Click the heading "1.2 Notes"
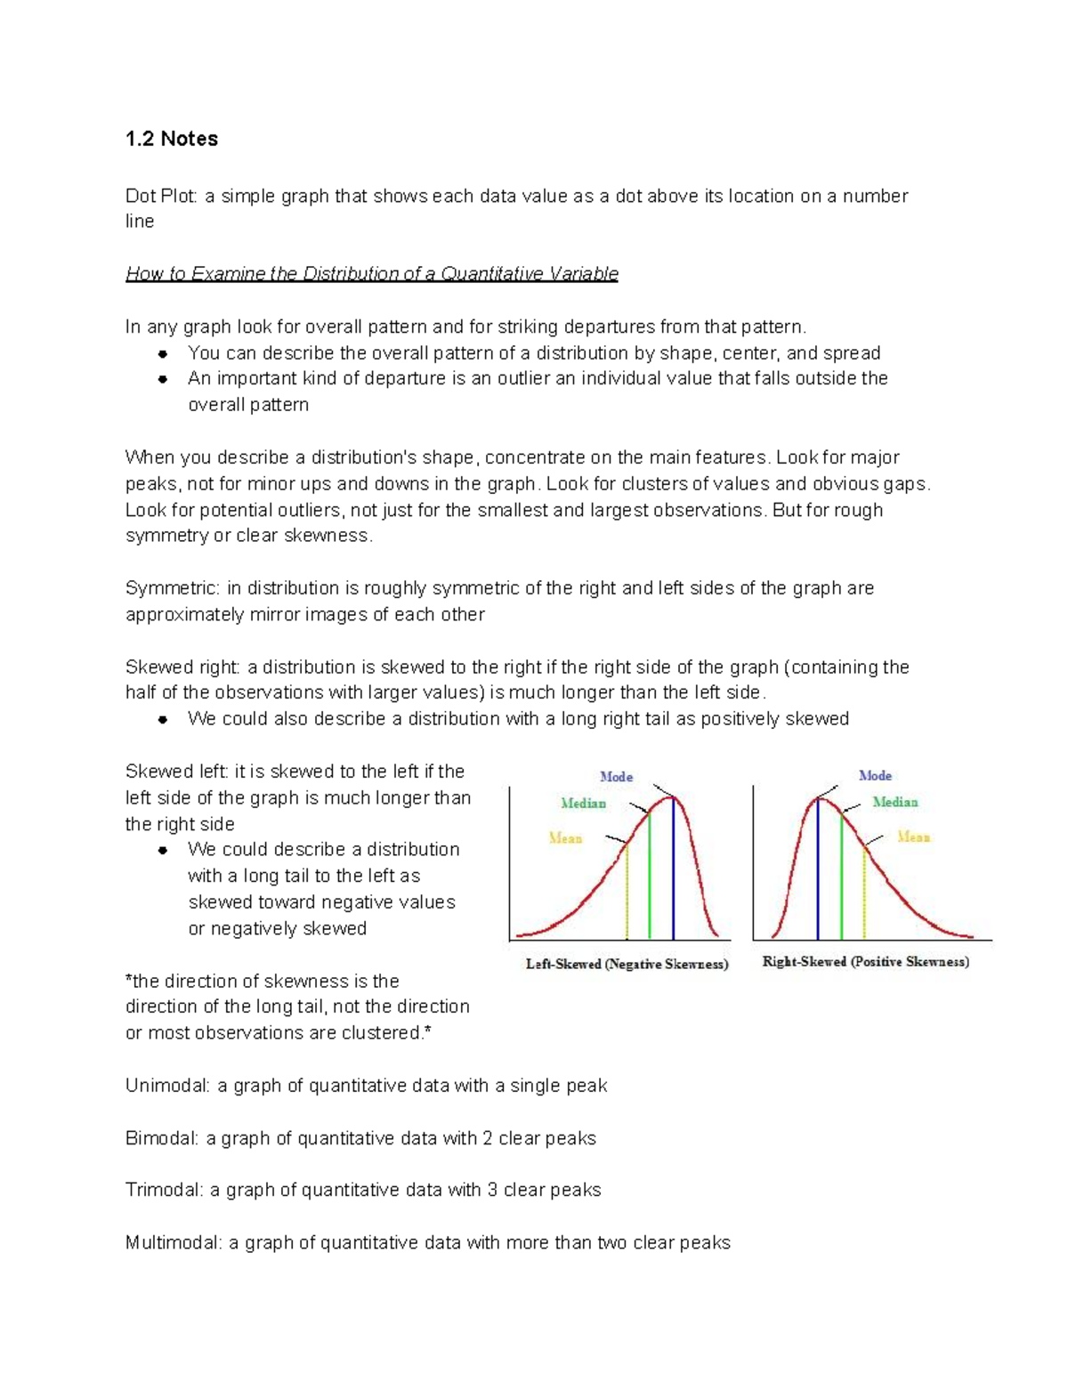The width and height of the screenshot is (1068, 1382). (x=172, y=139)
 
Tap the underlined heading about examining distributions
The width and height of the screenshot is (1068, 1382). (x=372, y=274)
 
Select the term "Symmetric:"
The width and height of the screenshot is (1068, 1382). (x=172, y=588)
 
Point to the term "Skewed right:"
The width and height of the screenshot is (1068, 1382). (x=182, y=667)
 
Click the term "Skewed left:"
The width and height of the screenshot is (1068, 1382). (x=177, y=772)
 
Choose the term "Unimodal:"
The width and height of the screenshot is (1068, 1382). (x=167, y=1086)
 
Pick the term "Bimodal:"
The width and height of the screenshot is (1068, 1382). (x=162, y=1138)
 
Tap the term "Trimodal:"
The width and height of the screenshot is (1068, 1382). (x=164, y=1190)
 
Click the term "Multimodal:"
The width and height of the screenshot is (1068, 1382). (x=174, y=1242)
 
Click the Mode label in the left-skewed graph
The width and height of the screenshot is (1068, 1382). (x=616, y=777)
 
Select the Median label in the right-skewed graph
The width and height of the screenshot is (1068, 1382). (x=894, y=803)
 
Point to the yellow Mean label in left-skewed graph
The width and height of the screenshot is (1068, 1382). (x=565, y=838)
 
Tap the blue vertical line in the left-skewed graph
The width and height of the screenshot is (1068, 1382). (x=674, y=872)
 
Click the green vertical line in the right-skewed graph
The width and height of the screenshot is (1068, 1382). (x=841, y=881)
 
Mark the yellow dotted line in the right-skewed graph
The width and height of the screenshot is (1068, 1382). (x=864, y=894)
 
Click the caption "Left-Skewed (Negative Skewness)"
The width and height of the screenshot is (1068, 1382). (x=627, y=965)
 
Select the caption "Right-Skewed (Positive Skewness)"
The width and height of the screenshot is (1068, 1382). (x=865, y=962)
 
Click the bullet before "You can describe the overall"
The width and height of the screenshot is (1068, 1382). (x=163, y=354)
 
